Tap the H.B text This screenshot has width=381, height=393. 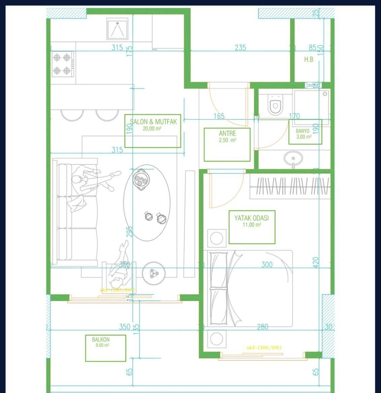[309, 60]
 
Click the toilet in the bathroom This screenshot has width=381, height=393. [275, 104]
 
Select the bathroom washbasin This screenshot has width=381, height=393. [293, 158]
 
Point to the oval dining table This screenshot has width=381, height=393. [147, 202]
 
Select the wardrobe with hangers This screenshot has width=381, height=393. [290, 187]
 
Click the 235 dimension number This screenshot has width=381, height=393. [240, 48]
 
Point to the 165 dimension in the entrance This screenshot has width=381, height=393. [219, 116]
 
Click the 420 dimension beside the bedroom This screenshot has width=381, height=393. [316, 262]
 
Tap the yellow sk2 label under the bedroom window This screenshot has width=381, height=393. [264, 347]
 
